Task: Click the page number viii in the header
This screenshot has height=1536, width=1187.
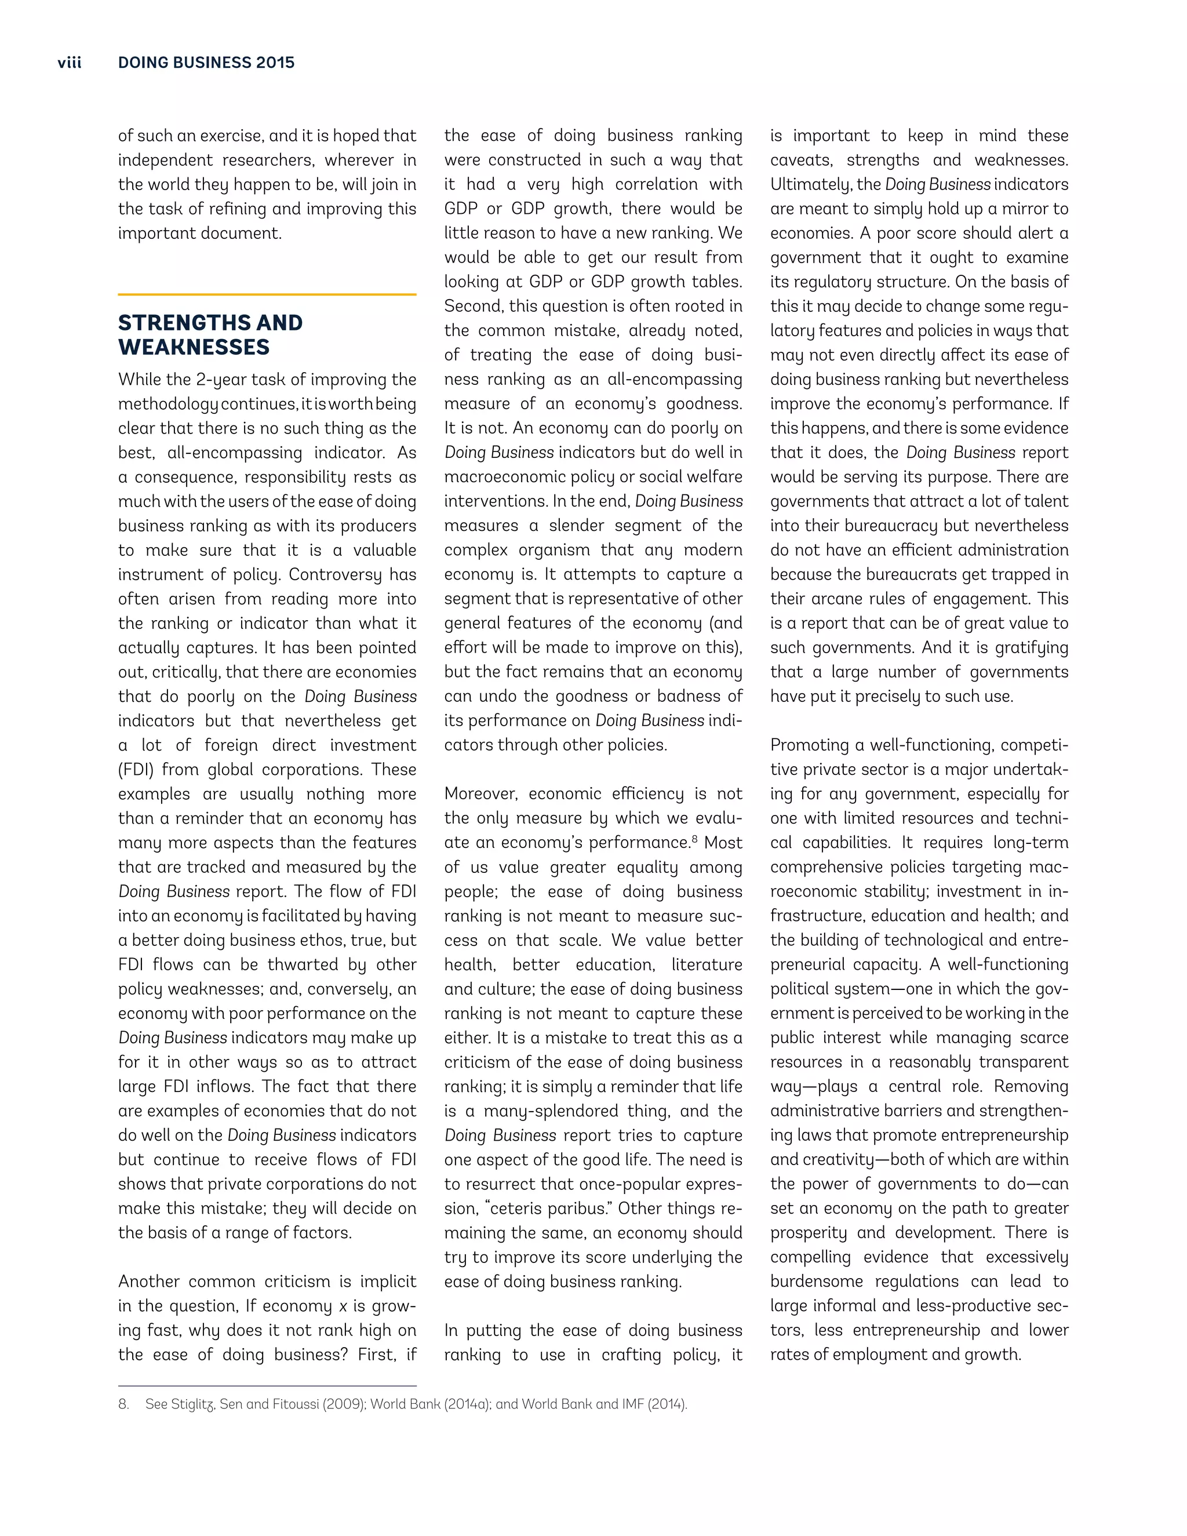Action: pyautogui.click(x=70, y=63)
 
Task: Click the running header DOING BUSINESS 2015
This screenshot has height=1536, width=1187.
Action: pyautogui.click(x=206, y=63)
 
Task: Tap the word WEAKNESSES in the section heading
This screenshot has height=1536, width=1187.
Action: pyautogui.click(x=194, y=347)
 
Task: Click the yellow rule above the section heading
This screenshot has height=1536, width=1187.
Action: pyautogui.click(x=267, y=294)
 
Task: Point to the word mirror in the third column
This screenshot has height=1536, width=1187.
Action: pyautogui.click(x=1015, y=209)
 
